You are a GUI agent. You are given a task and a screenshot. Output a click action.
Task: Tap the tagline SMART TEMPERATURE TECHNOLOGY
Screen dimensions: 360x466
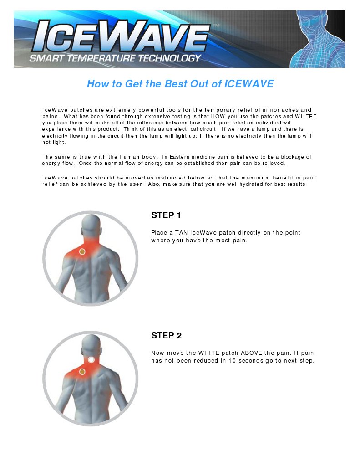point(115,58)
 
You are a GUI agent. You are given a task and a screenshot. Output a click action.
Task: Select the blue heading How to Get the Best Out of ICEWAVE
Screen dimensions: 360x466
point(180,84)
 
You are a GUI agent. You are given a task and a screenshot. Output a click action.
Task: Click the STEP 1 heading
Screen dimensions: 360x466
point(166,215)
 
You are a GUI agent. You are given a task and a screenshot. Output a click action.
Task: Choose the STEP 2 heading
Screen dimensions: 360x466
point(166,336)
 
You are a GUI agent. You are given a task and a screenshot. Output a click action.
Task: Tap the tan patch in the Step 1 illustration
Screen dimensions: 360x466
point(82,252)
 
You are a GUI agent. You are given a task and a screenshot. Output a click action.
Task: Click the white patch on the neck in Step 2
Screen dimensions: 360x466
point(91,359)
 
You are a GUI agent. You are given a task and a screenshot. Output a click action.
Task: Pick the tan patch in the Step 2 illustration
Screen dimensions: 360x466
point(82,372)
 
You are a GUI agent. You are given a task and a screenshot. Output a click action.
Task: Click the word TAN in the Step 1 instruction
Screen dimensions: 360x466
point(181,233)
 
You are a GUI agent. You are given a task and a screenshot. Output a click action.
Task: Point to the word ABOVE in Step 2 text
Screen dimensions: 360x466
point(251,353)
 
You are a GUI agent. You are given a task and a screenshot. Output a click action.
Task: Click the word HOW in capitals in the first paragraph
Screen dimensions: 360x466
point(218,116)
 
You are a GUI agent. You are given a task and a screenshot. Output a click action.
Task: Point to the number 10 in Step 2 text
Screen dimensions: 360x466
point(232,361)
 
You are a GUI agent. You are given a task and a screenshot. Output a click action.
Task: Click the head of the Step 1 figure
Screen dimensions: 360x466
point(91,226)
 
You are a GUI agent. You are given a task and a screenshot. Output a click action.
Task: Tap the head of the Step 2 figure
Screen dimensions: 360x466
point(91,346)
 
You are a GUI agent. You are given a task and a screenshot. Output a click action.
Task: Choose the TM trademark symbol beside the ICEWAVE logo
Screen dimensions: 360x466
point(217,25)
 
